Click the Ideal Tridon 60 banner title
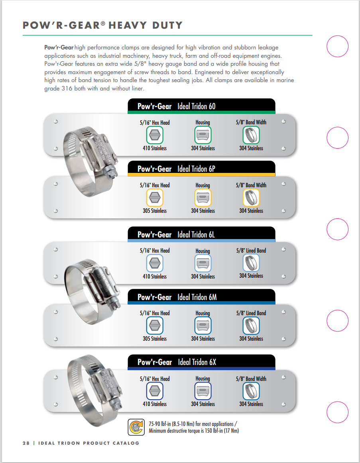196,106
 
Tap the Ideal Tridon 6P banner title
196,169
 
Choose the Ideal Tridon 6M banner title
197,297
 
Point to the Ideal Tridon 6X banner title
197,362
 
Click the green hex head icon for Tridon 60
155,135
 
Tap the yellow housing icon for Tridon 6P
203,198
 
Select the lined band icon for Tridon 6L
251,263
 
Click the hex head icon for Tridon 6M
155,326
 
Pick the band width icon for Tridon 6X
251,391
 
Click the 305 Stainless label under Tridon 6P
155,211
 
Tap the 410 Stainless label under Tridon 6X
155,404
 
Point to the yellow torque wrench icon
136,427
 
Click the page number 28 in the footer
26,443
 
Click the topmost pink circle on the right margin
338,47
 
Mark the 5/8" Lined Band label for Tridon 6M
251,313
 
